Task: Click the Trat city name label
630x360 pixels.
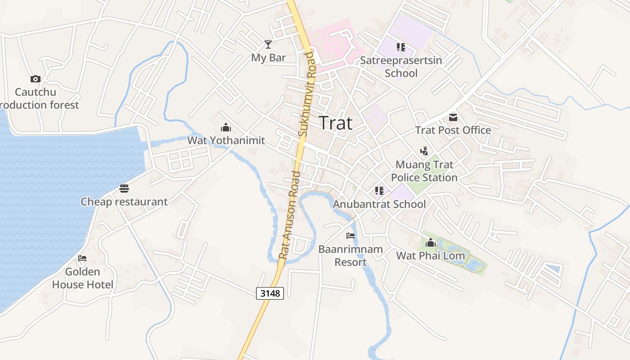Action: pyautogui.click(x=336, y=123)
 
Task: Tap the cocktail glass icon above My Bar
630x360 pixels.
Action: pyautogui.click(x=268, y=44)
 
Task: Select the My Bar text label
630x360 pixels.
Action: pyautogui.click(x=268, y=58)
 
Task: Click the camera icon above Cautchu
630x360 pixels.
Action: pyautogui.click(x=36, y=79)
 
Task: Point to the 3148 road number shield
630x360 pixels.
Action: pyautogui.click(x=270, y=293)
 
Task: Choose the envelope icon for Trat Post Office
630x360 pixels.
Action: pyautogui.click(x=453, y=117)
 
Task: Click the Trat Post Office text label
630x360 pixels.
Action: pyautogui.click(x=453, y=130)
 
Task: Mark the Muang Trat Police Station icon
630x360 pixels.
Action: pyautogui.click(x=424, y=151)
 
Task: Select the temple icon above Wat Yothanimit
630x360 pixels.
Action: pyautogui.click(x=226, y=127)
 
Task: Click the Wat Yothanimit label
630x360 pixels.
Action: pyautogui.click(x=226, y=140)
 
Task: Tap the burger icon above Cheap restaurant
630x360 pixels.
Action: pyautogui.click(x=124, y=188)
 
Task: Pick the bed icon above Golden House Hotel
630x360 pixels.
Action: pyautogui.click(x=82, y=258)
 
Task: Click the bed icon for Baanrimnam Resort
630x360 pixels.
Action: pyautogui.click(x=351, y=235)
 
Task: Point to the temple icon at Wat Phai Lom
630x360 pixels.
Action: pyautogui.click(x=431, y=243)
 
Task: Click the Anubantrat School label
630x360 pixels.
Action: pyautogui.click(x=379, y=204)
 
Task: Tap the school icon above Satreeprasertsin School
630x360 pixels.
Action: pyautogui.click(x=401, y=47)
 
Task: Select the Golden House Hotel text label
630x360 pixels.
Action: pyautogui.click(x=83, y=278)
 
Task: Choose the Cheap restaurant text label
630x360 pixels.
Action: pyautogui.click(x=124, y=202)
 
